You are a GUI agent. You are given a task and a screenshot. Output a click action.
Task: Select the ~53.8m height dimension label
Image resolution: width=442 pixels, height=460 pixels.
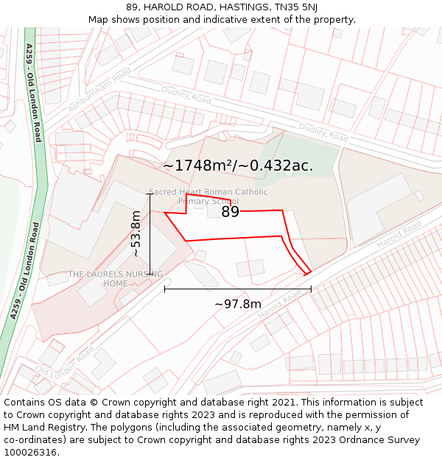click(x=136, y=233)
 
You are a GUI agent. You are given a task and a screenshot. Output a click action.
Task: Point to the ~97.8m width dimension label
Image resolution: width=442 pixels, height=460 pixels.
click(x=237, y=304)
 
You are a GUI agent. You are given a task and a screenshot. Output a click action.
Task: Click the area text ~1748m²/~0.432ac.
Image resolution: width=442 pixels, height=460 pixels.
click(x=238, y=166)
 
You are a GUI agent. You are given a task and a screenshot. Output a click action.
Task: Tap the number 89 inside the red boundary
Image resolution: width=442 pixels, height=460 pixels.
click(x=231, y=212)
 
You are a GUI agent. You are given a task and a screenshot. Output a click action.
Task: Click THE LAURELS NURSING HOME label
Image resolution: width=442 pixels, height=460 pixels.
click(x=115, y=279)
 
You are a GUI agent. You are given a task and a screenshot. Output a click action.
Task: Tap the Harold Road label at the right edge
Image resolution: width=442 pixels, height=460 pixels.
click(x=399, y=235)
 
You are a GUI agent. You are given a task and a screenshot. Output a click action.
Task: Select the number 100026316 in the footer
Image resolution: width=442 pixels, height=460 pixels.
click(x=32, y=453)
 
